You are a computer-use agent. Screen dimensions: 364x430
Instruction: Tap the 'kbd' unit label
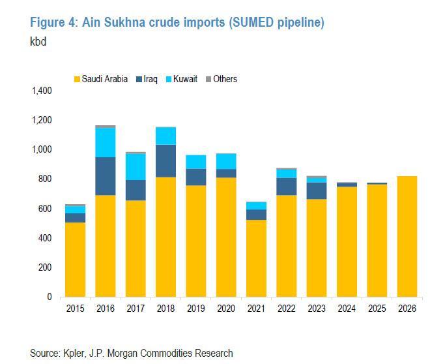39,42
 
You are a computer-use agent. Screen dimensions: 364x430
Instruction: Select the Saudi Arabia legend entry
104,79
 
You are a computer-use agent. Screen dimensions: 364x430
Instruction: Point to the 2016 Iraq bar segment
105,176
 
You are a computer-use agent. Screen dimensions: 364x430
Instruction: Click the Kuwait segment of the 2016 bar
105,142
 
